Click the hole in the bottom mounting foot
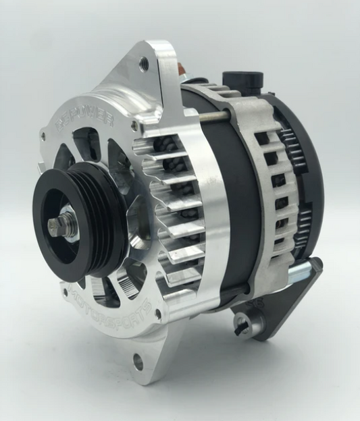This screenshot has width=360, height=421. tap(138, 362)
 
